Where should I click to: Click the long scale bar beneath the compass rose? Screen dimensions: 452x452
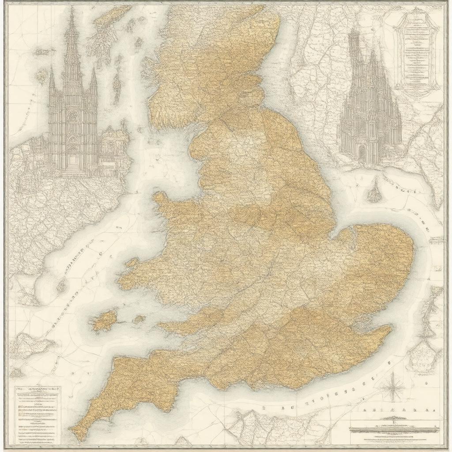tap(394, 428)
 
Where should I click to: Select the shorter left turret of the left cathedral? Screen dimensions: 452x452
tap(52, 79)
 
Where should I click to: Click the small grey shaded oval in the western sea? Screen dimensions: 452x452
tap(61, 288)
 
